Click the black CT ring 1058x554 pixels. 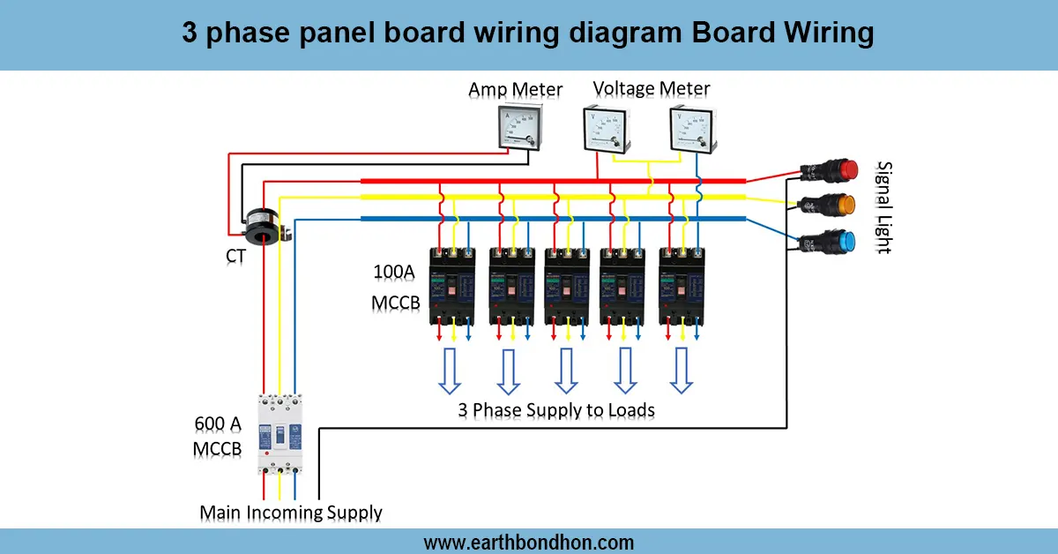pyautogui.click(x=262, y=224)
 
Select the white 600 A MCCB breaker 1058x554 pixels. pyautogui.click(x=279, y=433)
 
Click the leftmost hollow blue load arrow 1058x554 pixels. pyautogui.click(x=450, y=371)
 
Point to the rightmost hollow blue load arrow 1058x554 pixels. pyautogui.click(x=681, y=371)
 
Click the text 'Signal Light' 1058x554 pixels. pyautogui.click(x=883, y=208)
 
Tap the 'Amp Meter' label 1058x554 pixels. pyautogui.click(x=516, y=90)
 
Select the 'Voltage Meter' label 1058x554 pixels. pyautogui.click(x=651, y=88)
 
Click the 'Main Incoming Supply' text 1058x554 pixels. pyautogui.click(x=291, y=513)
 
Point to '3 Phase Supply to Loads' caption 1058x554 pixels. pyautogui.click(x=556, y=410)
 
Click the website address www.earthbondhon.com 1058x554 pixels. pyautogui.click(x=529, y=542)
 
